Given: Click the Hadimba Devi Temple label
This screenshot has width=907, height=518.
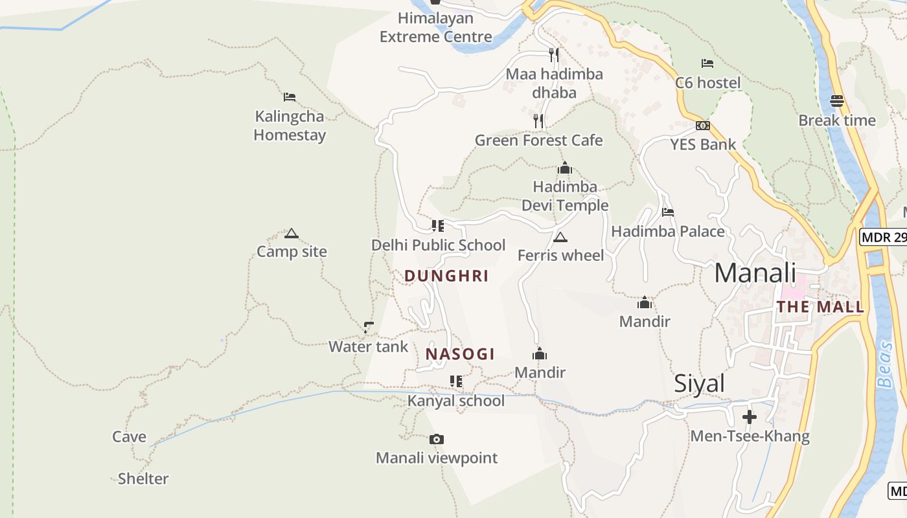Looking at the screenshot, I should [565, 196].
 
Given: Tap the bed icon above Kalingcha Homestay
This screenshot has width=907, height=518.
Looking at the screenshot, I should [290, 97].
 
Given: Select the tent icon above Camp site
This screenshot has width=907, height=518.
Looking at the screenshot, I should [291, 233].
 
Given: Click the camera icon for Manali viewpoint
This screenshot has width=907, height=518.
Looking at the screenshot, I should [437, 440].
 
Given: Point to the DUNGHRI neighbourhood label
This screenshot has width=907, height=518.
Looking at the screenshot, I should [446, 276].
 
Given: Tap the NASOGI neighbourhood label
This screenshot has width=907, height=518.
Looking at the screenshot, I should [460, 354].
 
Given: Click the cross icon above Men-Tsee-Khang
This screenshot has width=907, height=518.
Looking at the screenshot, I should [750, 416].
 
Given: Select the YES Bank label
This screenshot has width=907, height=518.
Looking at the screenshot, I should [703, 144].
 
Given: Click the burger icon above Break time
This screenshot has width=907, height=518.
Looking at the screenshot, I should [837, 101].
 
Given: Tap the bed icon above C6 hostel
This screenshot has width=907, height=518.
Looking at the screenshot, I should [707, 63].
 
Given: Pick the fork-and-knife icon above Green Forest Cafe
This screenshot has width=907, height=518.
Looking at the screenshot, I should [538, 120].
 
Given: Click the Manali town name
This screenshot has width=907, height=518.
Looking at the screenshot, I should [755, 273].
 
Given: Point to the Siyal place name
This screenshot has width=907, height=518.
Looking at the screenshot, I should [700, 384].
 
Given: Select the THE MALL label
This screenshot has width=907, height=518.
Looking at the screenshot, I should [820, 307].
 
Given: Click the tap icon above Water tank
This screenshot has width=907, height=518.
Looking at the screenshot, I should [369, 328].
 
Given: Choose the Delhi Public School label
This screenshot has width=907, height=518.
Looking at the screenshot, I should [438, 245].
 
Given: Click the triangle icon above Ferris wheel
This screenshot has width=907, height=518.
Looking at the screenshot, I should [560, 237].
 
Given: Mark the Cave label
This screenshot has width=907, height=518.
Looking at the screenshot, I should [129, 437].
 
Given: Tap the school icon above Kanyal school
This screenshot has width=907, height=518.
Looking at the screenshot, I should [456, 381].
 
